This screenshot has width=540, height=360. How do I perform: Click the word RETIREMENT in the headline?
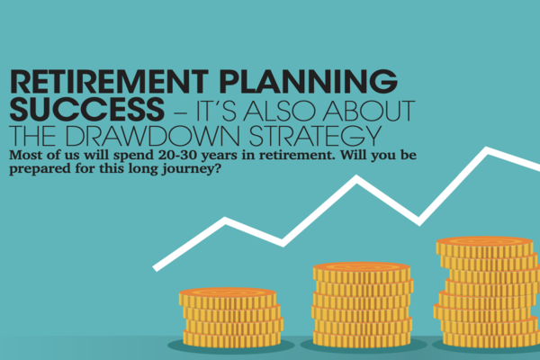(109, 82)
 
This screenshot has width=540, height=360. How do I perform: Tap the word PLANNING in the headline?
(308, 82)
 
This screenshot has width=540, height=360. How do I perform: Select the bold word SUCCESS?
(86, 109)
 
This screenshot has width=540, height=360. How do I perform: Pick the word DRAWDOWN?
(152, 136)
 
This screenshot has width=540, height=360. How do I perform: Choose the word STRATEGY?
(315, 136)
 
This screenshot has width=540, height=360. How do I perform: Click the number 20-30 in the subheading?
(178, 155)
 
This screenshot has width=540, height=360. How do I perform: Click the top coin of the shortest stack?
(228, 297)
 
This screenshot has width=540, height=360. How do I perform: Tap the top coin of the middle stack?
(362, 272)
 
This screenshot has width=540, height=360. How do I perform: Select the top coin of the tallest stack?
(484, 246)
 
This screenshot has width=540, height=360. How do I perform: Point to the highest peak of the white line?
(487, 150)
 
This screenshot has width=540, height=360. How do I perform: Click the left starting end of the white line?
(156, 267)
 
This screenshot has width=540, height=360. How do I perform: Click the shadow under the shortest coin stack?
(230, 346)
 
